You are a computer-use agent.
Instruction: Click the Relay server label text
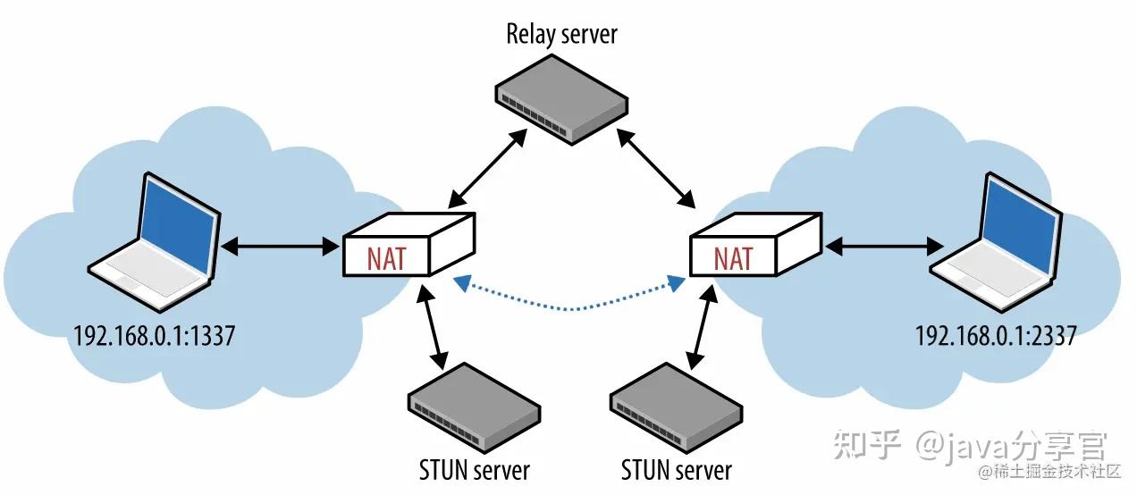click(x=562, y=35)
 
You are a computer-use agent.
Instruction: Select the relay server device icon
click(x=561, y=100)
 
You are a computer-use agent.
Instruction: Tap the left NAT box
click(x=409, y=245)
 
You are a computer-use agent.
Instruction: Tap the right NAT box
click(x=756, y=245)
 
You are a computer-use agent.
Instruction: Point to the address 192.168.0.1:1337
click(x=155, y=336)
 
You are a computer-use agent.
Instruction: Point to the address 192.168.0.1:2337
click(x=996, y=336)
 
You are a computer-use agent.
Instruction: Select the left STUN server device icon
click(x=474, y=407)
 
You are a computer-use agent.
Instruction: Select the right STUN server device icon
click(x=676, y=407)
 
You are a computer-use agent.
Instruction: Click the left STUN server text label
click(x=475, y=470)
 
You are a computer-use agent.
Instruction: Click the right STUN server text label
click(x=677, y=470)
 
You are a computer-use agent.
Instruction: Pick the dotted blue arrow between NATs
click(x=571, y=308)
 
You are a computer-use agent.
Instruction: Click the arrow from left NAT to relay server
click(x=487, y=168)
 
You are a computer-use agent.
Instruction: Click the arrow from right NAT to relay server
click(x=656, y=168)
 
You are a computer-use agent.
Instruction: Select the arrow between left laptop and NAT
click(x=280, y=247)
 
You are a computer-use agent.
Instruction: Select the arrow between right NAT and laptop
click(x=884, y=247)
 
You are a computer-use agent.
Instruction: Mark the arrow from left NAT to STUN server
click(x=433, y=327)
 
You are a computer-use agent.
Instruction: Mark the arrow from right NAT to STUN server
click(x=703, y=327)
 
